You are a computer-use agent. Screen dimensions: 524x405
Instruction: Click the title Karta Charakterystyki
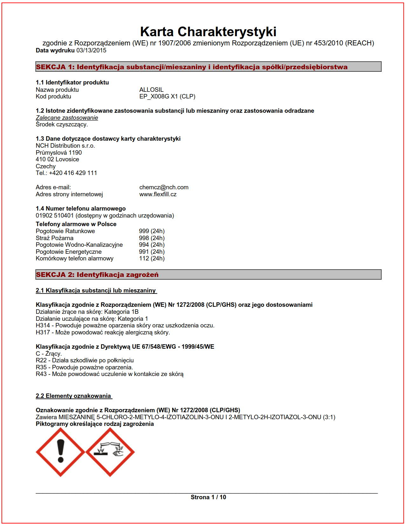(208, 32)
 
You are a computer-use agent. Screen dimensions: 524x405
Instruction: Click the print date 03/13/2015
(91, 50)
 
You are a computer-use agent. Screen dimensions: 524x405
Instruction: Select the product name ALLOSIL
(151, 90)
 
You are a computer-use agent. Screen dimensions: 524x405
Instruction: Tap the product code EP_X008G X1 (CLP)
(167, 97)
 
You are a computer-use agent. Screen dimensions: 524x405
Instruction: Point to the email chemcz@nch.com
(164, 187)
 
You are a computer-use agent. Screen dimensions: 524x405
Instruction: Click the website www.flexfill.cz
(158, 194)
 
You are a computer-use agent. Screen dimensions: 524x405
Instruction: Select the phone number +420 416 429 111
(73, 173)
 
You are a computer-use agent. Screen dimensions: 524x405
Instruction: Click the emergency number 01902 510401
(55, 216)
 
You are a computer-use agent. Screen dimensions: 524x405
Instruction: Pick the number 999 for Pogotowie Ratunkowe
(144, 231)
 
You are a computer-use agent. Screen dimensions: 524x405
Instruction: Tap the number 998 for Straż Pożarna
(144, 238)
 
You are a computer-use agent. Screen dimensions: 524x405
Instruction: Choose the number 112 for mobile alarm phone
(144, 259)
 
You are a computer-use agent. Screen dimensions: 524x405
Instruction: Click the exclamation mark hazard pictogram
(60, 452)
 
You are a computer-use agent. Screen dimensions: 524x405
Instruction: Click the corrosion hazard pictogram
(110, 452)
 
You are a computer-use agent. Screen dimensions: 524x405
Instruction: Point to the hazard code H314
(43, 326)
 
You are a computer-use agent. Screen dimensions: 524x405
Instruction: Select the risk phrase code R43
(41, 374)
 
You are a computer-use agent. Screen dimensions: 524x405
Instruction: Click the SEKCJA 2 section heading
(97, 275)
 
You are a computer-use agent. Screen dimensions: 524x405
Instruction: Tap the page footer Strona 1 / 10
(208, 497)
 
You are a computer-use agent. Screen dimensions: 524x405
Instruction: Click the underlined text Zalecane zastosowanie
(67, 118)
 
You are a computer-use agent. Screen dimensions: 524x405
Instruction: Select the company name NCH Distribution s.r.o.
(65, 146)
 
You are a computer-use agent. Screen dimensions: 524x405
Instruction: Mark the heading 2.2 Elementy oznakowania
(73, 396)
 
